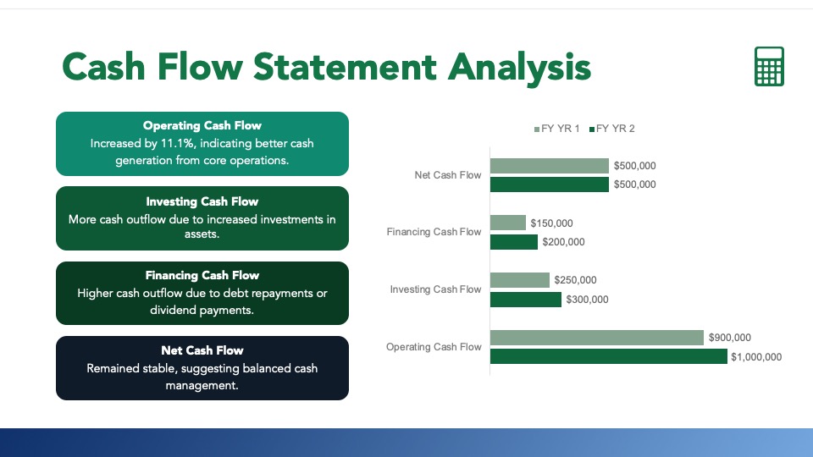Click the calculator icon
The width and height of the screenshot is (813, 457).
click(769, 66)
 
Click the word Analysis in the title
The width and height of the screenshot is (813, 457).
click(519, 68)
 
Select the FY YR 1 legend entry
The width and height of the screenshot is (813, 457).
click(557, 129)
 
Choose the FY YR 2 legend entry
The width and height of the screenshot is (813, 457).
click(611, 129)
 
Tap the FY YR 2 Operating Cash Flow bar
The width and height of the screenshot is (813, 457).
click(609, 356)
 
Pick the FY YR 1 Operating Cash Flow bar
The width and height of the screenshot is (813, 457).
click(597, 338)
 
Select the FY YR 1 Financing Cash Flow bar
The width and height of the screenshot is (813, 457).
click(508, 223)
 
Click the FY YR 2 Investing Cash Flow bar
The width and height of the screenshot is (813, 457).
click(526, 300)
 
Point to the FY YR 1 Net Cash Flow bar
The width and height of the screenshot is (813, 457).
click(550, 166)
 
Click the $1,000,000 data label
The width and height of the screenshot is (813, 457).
click(756, 357)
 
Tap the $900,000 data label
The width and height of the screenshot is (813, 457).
click(729, 338)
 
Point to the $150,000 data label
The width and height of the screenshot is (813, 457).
click(551, 223)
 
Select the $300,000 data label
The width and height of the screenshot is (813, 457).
click(587, 300)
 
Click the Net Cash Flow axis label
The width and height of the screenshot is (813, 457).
click(448, 175)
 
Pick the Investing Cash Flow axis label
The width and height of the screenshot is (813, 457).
click(435, 289)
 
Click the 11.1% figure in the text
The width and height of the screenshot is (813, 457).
click(177, 144)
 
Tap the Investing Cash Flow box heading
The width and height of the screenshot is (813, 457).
click(202, 201)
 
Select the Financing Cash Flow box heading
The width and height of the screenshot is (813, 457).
click(202, 275)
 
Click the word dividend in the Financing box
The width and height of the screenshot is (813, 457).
click(171, 310)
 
